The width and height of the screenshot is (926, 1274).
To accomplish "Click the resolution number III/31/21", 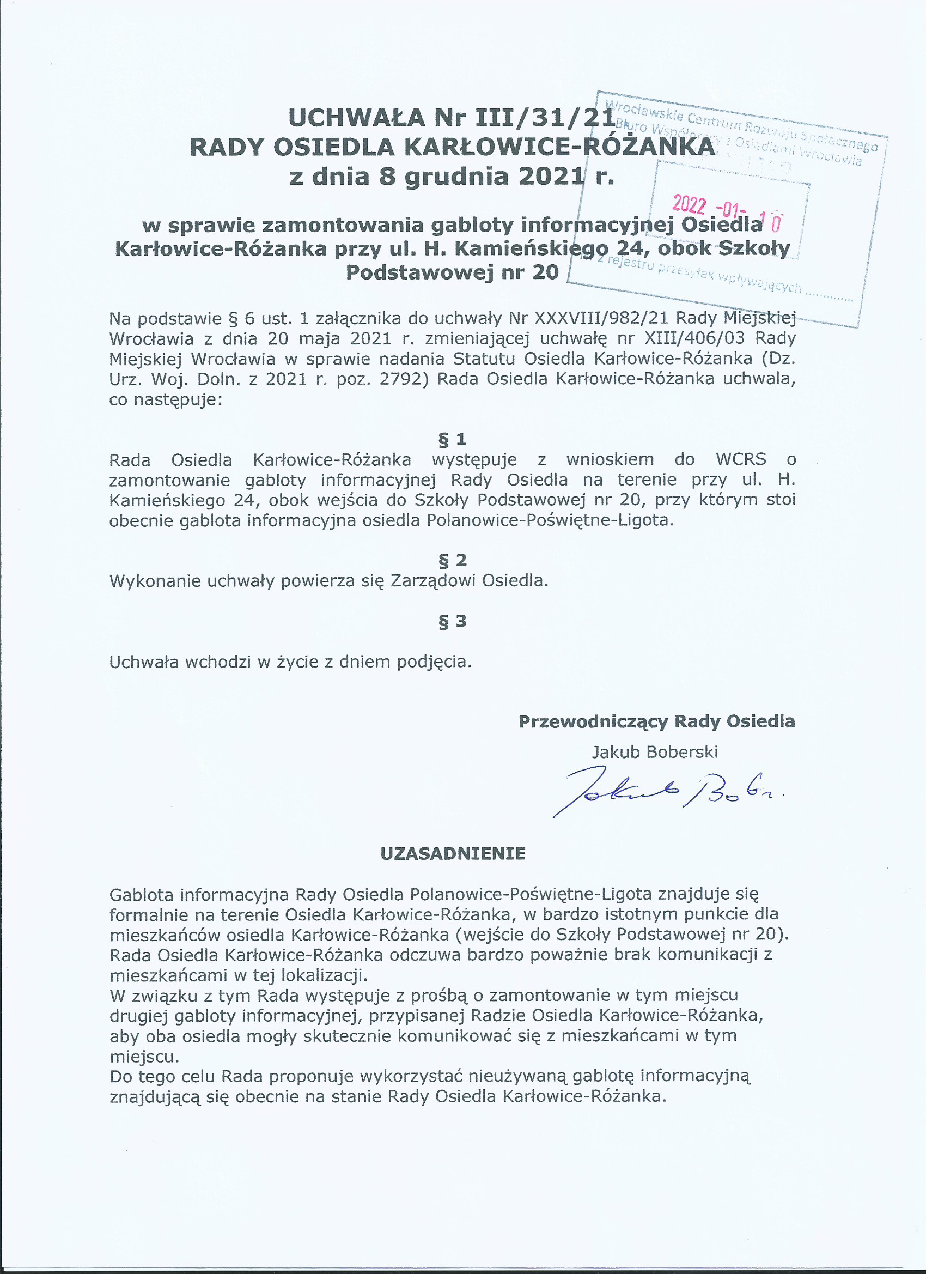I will pyautogui.click(x=545, y=118).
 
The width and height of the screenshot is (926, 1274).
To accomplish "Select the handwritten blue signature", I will pyautogui.click(x=668, y=794).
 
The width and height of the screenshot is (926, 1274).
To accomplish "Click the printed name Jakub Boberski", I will pyautogui.click(x=655, y=751).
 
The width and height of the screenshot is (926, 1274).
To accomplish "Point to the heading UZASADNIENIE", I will pyautogui.click(x=453, y=854).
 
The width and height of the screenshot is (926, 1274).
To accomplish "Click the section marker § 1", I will pyautogui.click(x=452, y=439).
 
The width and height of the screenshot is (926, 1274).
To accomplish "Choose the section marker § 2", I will pyautogui.click(x=452, y=560).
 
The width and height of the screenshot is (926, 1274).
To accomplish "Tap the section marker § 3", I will pyautogui.click(x=452, y=621).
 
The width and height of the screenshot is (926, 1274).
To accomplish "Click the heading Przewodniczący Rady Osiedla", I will pyautogui.click(x=656, y=721).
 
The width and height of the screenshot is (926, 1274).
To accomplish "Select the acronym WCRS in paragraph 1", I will pyautogui.click(x=741, y=459).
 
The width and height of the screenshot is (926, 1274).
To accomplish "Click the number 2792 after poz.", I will pyautogui.click(x=400, y=379).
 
